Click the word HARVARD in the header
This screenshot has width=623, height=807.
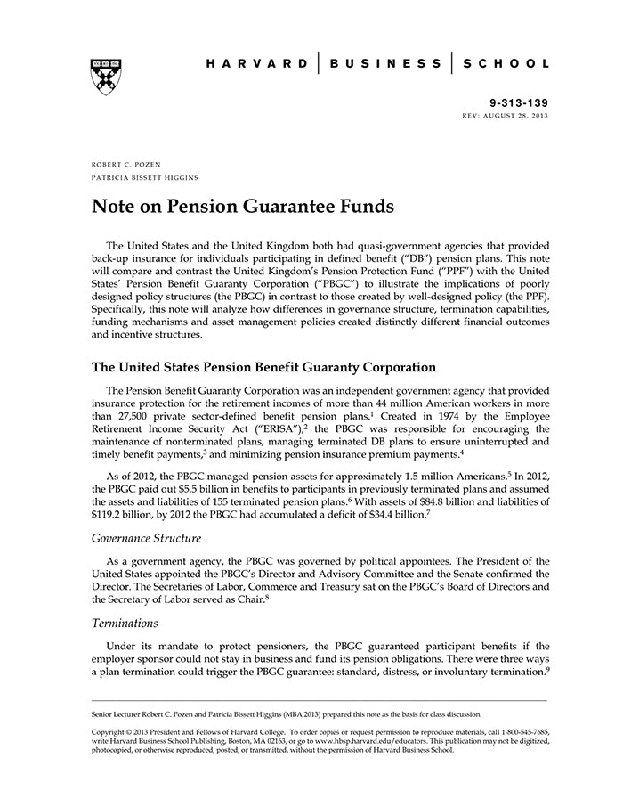(257, 64)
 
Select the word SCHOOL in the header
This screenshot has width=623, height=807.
(506, 64)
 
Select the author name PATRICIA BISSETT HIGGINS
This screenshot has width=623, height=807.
(144, 178)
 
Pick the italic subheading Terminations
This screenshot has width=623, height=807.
(125, 624)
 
